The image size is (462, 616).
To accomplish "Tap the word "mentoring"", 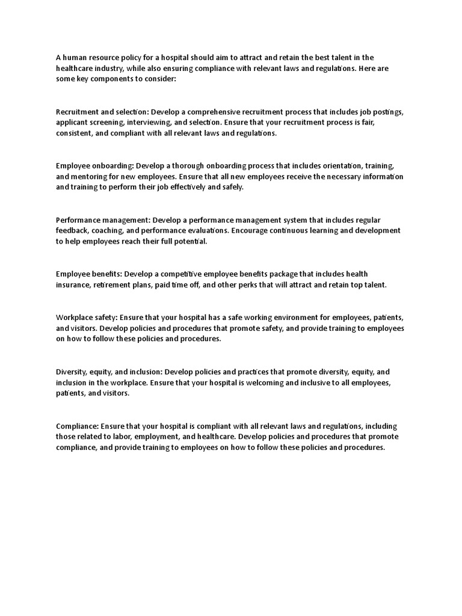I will (x=90, y=176).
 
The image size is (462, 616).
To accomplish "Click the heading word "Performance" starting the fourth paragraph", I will (x=78, y=220).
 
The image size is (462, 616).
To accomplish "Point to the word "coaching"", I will (x=113, y=230).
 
